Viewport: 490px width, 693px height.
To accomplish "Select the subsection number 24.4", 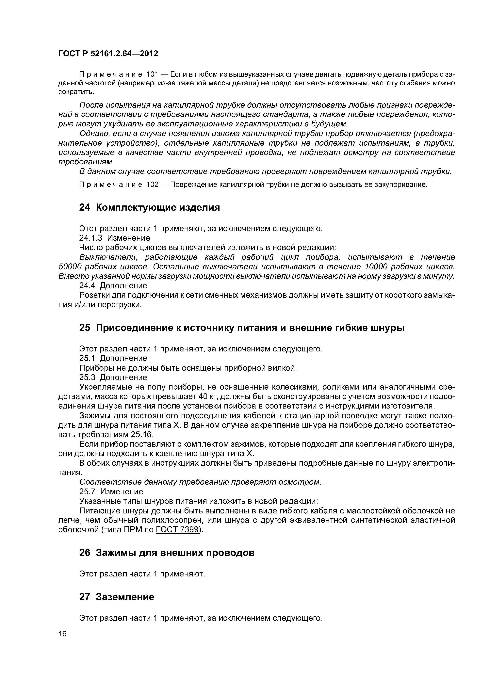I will click(x=88, y=285).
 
